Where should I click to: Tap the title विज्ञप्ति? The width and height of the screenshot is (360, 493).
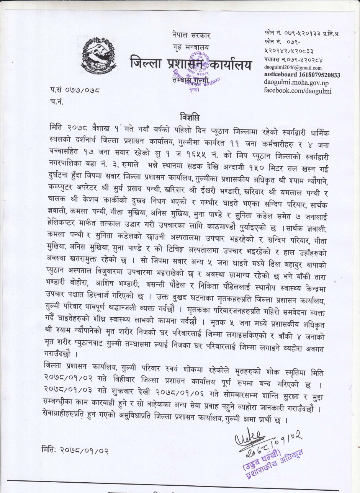coord(189,116)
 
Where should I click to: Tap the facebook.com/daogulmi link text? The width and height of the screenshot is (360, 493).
coord(298,90)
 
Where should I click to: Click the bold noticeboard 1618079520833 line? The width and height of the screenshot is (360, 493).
coord(302,75)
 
